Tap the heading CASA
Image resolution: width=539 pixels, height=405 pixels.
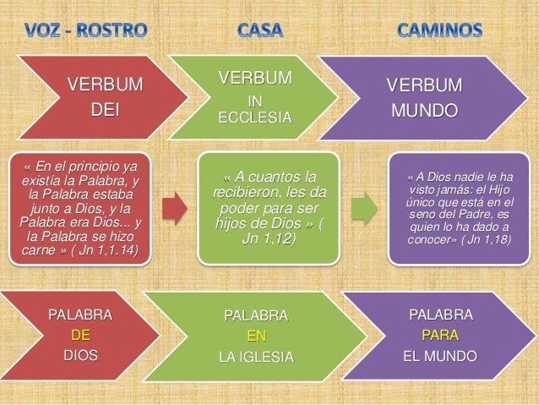260,31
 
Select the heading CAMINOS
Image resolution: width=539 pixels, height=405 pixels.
440,31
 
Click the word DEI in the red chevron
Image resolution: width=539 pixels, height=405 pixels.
106,109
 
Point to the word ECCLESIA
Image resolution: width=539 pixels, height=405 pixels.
255,118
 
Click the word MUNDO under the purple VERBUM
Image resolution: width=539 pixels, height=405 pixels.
424,111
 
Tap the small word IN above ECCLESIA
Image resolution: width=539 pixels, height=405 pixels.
254,101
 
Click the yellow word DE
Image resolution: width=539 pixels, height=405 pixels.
81,335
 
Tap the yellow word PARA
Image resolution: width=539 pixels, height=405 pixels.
441,335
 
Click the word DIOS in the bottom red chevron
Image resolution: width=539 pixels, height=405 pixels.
81,354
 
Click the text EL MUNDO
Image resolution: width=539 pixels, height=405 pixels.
441,355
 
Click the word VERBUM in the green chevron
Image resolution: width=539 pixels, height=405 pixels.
255,79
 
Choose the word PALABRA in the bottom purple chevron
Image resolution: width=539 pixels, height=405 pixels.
441,315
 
